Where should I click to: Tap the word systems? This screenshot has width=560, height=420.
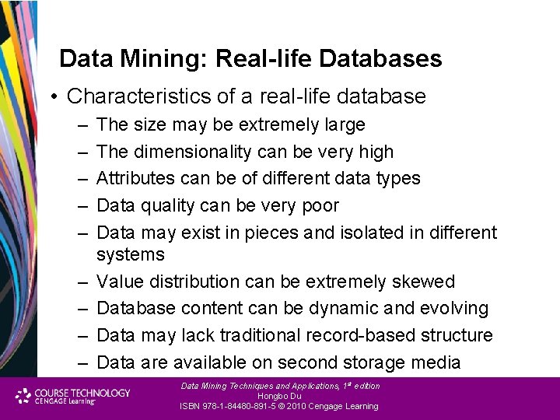pyautogui.click(x=131, y=254)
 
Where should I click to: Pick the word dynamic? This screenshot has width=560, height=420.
pyautogui.click(x=349, y=309)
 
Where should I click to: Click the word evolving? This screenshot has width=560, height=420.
pyautogui.click(x=454, y=309)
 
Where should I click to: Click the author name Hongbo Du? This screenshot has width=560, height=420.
pyautogui.click(x=279, y=396)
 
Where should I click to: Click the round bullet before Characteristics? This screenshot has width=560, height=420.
pyautogui.click(x=55, y=97)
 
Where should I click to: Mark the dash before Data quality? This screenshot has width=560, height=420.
pyautogui.click(x=82, y=205)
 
